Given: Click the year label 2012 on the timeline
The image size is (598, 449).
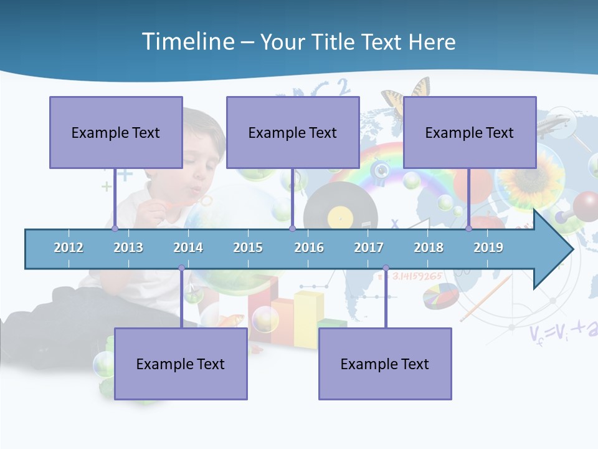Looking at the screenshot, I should tap(69, 248).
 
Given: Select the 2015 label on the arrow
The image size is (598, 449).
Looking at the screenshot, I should tap(248, 248).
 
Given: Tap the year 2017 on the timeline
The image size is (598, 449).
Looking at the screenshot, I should tap(369, 248).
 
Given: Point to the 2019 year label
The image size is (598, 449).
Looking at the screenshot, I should tap(488, 248).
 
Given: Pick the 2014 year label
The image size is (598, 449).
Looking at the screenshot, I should tap(188, 248).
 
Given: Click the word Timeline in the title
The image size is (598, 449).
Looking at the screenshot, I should tap(187, 42).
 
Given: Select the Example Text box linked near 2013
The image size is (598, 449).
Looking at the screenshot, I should tap(116, 132).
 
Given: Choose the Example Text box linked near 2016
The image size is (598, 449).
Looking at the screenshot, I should tap(293, 132).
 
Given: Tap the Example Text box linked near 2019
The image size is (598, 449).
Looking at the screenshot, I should tap(470, 132).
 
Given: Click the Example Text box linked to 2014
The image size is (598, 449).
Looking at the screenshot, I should tap(181, 364).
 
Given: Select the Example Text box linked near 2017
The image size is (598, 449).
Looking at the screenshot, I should tap(385, 364).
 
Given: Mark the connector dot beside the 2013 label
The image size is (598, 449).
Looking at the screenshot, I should tap(115, 228).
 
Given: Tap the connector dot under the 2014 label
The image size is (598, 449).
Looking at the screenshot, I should tap(181, 268).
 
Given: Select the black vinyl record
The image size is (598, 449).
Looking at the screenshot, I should tap(340, 209).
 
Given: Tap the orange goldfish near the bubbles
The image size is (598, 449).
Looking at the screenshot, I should tap(232, 320).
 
